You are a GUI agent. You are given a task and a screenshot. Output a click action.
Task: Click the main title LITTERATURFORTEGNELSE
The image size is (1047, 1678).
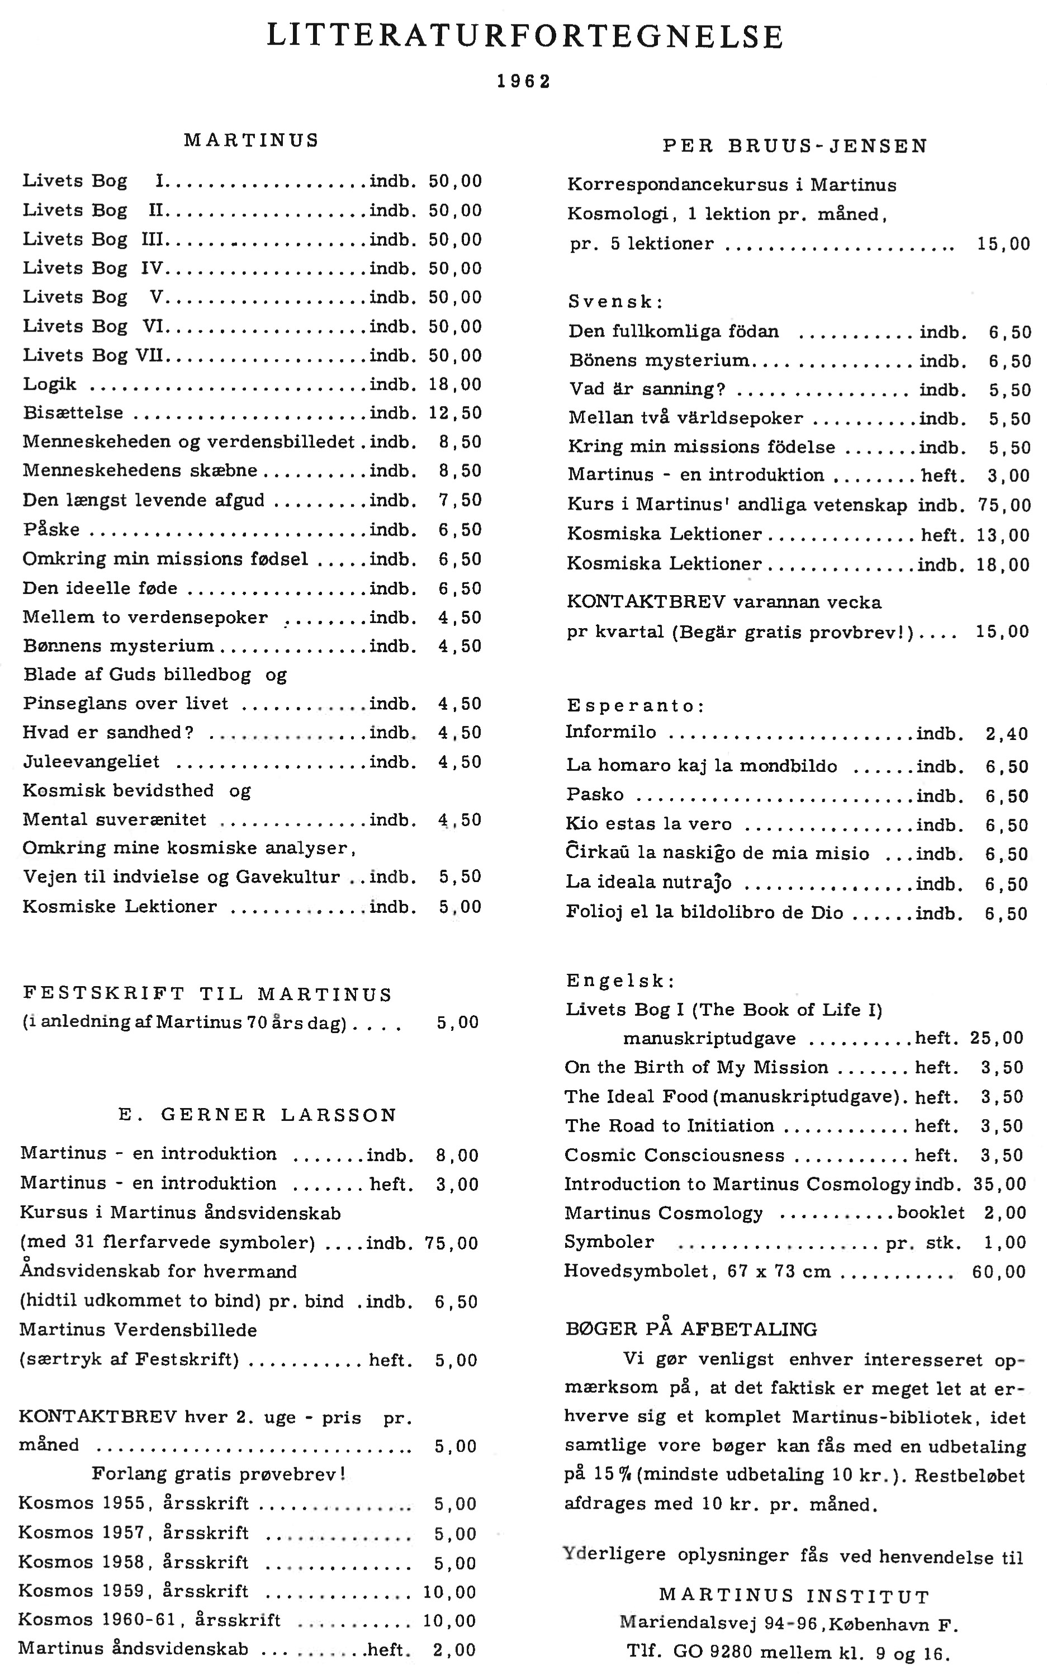524,37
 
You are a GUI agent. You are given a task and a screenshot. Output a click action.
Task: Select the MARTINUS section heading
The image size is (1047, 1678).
252,140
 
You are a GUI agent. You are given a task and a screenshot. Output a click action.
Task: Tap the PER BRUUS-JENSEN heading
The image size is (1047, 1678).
795,146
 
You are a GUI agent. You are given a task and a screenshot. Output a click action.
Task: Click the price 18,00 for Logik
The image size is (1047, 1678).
455,384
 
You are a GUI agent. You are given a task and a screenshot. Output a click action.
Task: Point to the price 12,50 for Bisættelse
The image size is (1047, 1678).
455,413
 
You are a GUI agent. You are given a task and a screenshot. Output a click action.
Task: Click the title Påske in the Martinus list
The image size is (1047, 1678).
51,530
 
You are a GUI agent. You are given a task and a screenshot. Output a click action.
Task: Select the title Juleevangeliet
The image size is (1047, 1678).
92,762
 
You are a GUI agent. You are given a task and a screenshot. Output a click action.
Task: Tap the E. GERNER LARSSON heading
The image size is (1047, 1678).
258,1115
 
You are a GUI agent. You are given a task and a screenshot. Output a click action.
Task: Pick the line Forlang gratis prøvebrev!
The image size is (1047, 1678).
218,1474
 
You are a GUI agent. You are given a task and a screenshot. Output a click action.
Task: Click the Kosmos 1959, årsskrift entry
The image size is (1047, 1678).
134,1591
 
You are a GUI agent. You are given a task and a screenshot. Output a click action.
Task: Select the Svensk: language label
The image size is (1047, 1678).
615,302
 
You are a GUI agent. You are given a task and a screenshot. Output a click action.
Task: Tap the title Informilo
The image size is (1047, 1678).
611,732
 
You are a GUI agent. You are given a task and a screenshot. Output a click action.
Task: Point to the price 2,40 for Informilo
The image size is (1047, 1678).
1007,734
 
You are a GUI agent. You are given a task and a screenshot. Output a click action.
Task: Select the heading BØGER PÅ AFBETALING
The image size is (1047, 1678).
691,1329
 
